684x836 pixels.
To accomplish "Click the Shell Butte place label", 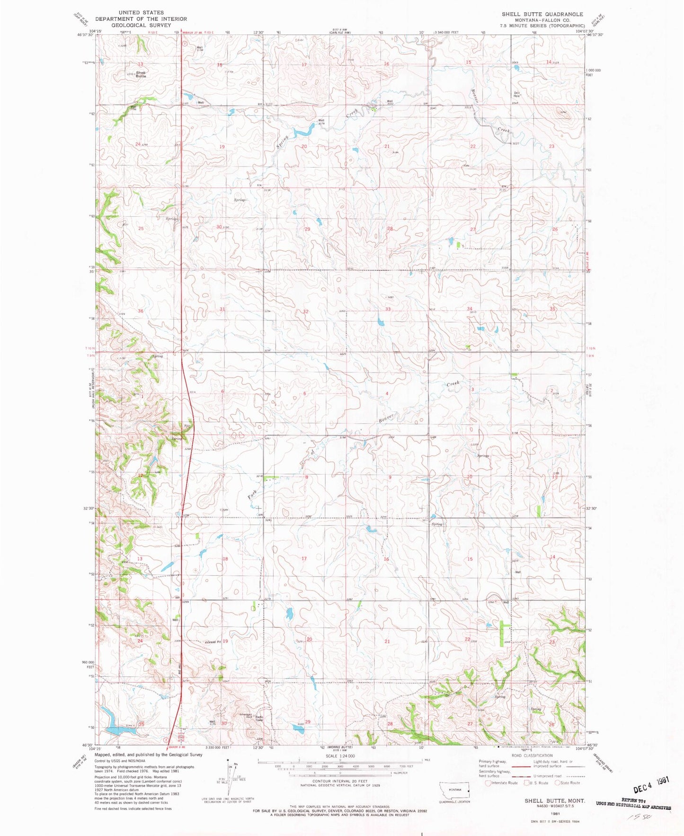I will (x=141, y=74).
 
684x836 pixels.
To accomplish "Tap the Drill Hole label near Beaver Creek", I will (x=517, y=94).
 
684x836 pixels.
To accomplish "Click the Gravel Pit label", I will (x=213, y=642).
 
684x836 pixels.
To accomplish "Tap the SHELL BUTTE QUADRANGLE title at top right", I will (x=542, y=14).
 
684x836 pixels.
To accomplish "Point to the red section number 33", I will (x=388, y=309).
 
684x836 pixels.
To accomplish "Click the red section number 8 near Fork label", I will (x=307, y=477).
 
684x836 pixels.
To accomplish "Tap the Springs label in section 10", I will (x=483, y=456).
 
